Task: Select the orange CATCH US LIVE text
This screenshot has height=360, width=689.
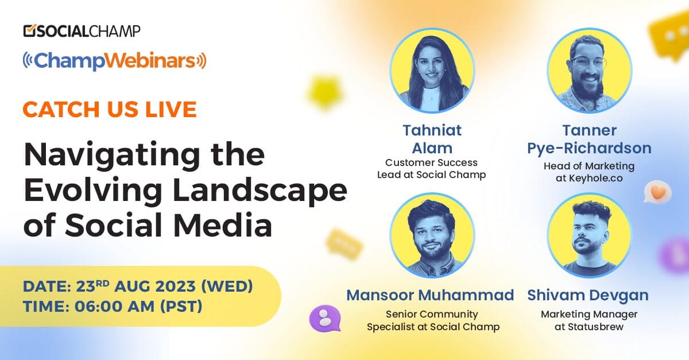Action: click(110, 109)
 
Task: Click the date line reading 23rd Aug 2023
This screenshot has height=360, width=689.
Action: click(138, 285)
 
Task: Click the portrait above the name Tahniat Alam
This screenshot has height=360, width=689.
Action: click(432, 70)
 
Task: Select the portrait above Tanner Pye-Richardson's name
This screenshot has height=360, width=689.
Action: click(589, 70)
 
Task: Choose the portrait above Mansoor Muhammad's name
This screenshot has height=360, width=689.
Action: click(432, 235)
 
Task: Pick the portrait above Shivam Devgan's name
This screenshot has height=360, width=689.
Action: click(589, 235)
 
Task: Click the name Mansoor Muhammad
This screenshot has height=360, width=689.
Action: click(430, 296)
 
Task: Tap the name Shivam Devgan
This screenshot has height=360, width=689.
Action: click(588, 296)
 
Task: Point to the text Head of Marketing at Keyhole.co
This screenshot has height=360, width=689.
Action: click(589, 172)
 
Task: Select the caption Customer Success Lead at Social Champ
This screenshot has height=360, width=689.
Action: click(431, 169)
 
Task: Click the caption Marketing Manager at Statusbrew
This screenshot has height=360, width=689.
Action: click(589, 320)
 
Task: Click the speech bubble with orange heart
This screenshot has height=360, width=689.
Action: click(657, 192)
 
